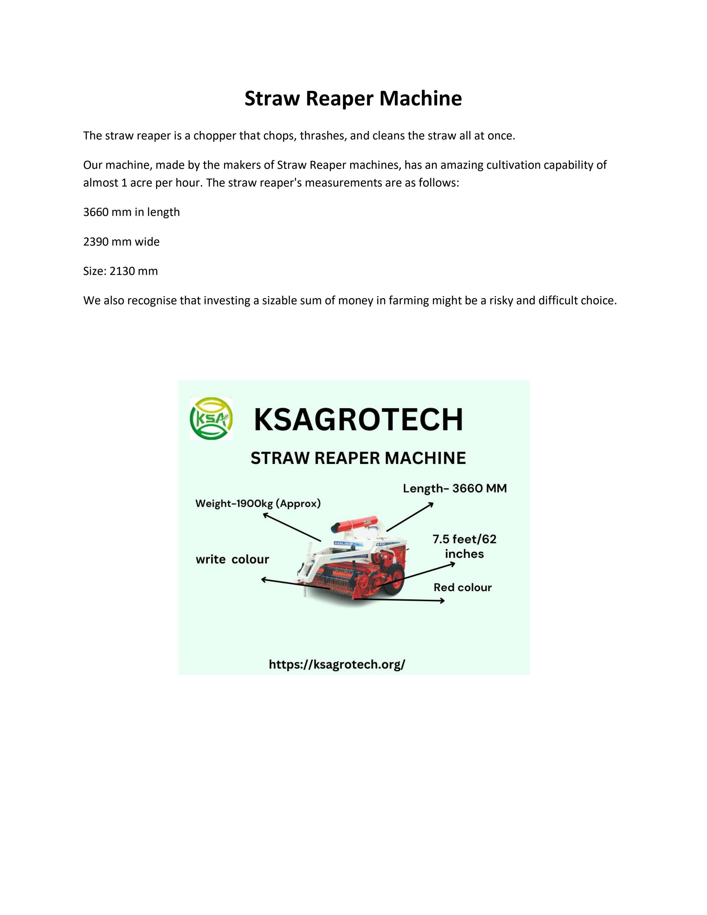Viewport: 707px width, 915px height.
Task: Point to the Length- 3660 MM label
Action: click(454, 488)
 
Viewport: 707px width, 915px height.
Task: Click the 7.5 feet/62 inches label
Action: click(464, 546)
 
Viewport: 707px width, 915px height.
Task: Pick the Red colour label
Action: click(462, 587)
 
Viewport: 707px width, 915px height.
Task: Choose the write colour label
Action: click(232, 559)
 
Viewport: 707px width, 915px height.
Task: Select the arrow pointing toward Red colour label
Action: click(400, 600)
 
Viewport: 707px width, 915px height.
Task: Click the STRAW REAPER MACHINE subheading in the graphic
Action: click(358, 458)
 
